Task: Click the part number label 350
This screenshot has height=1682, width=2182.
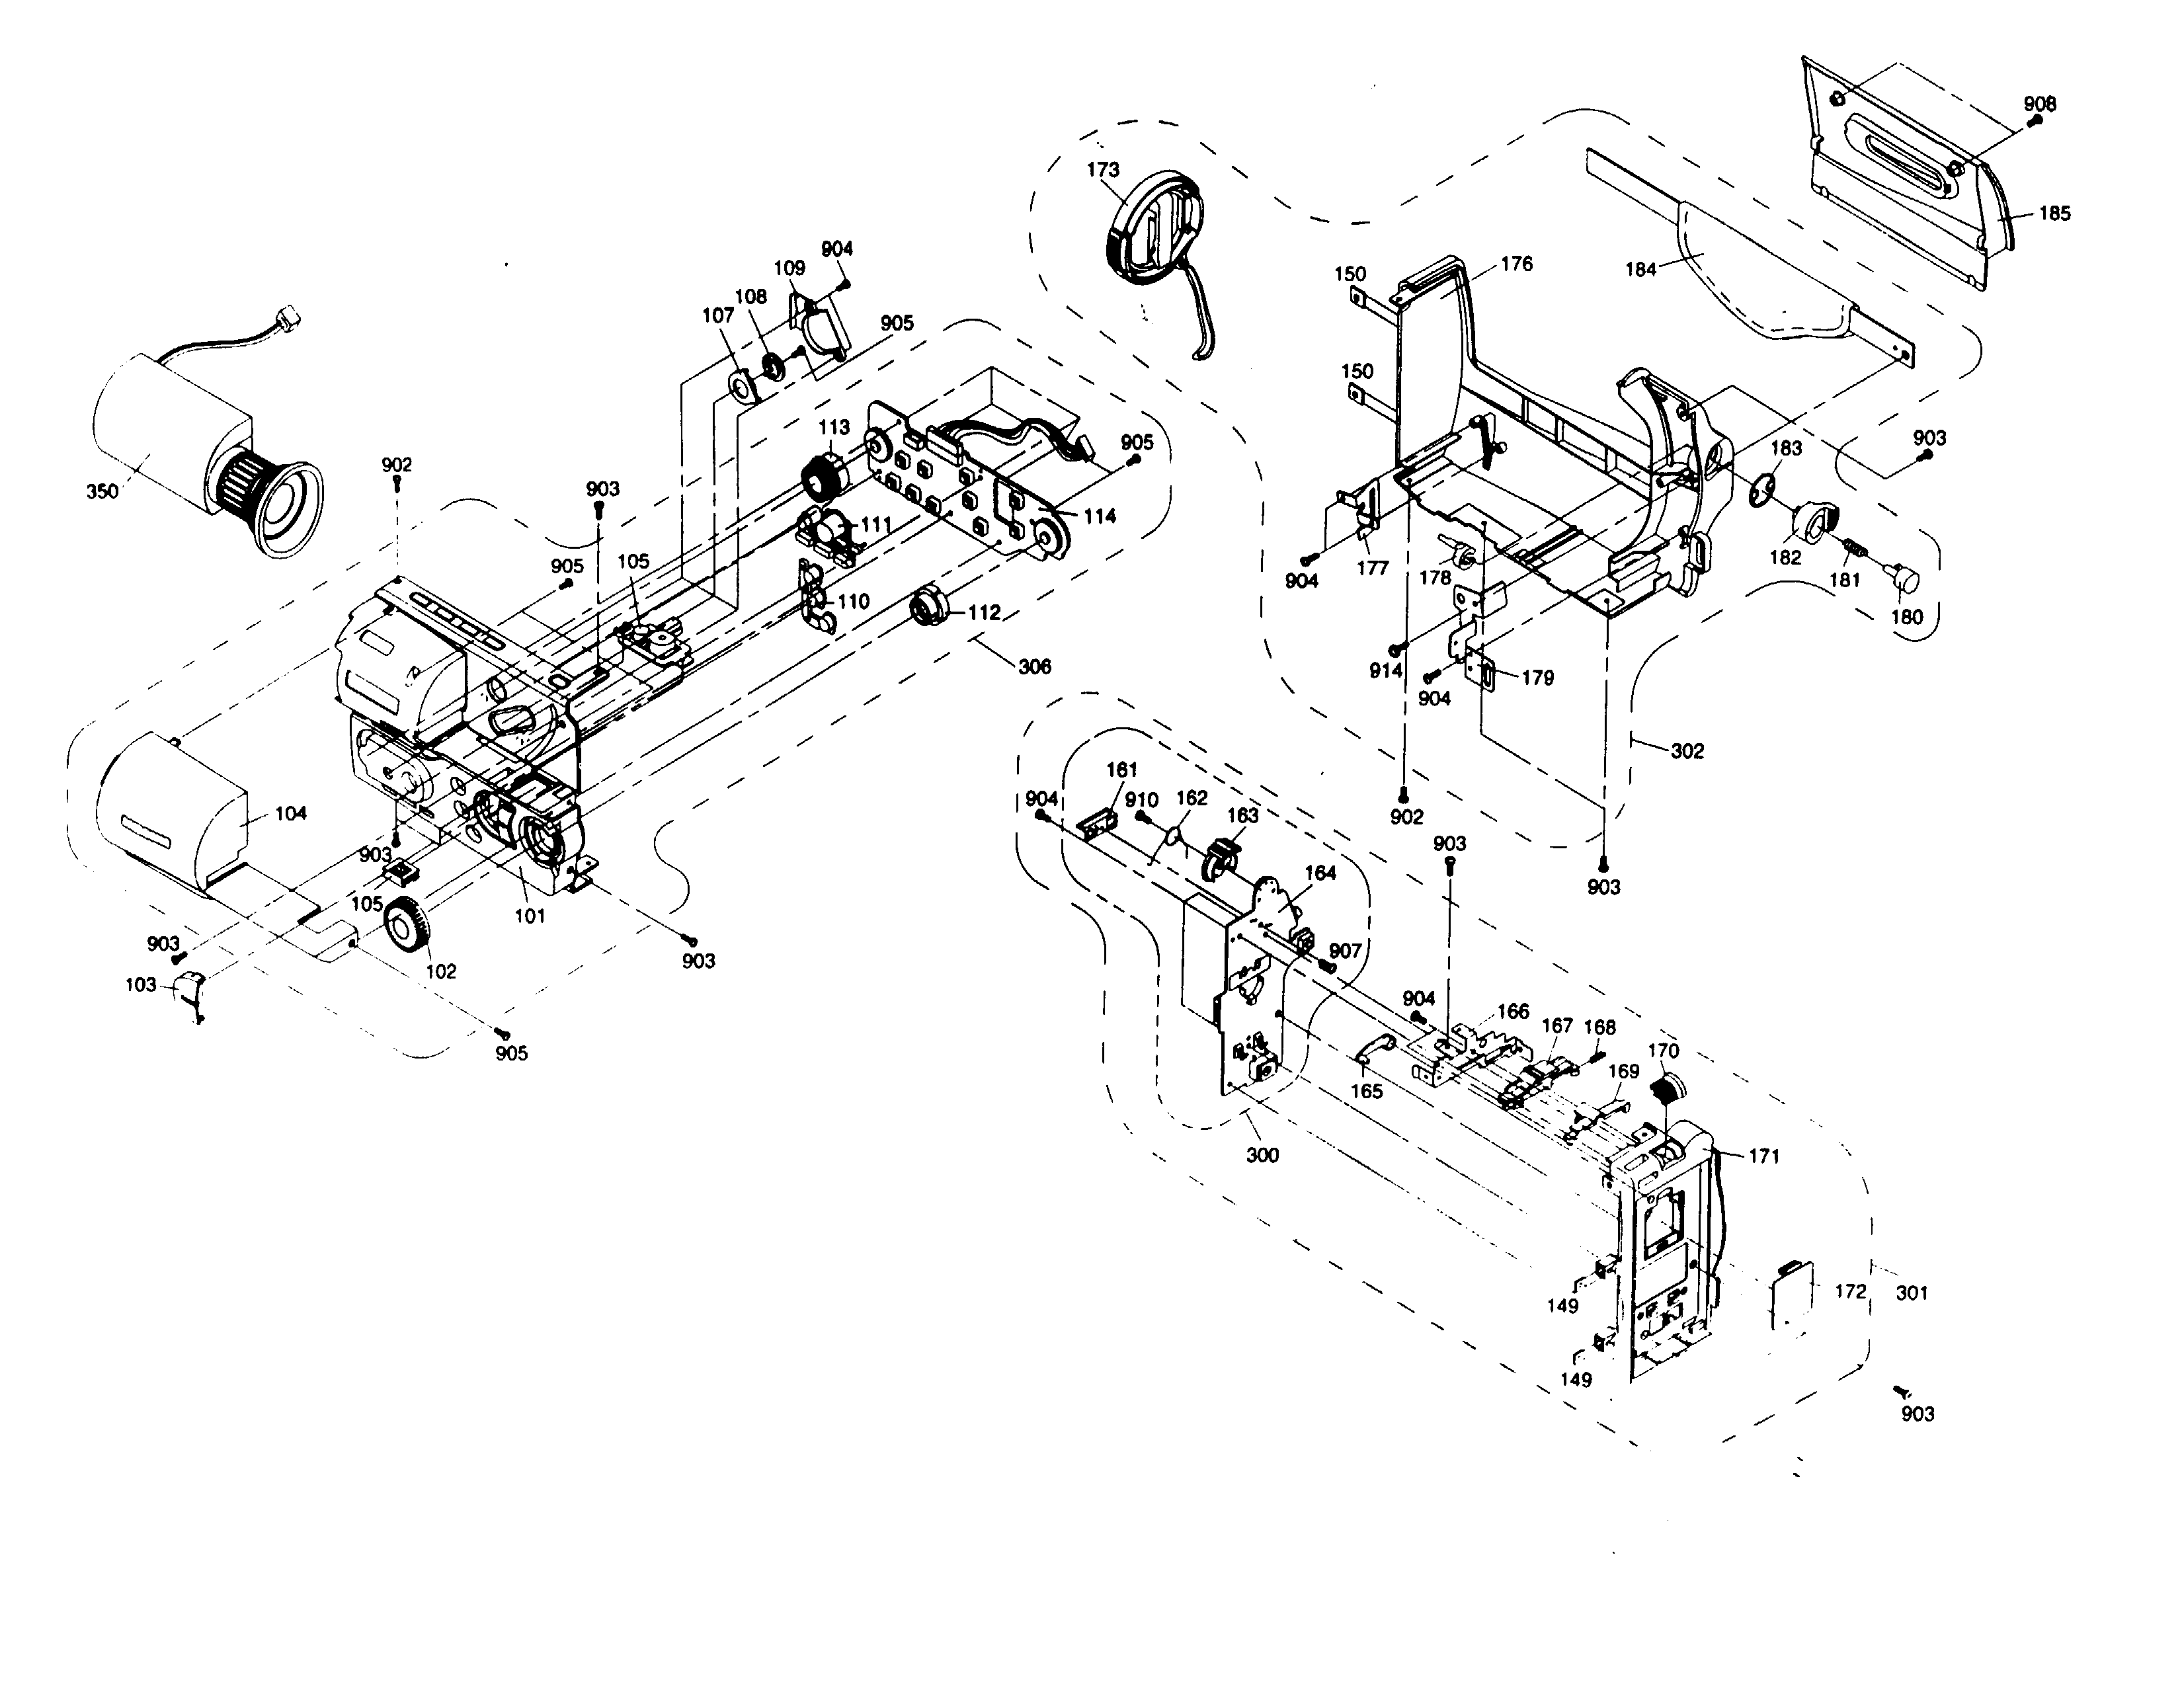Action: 102,491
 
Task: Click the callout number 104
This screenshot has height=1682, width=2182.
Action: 291,813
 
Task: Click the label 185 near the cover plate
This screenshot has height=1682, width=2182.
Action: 2054,213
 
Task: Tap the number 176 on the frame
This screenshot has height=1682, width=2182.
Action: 1517,264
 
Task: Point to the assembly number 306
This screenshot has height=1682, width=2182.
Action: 1035,666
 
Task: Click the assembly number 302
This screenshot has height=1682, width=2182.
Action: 1687,751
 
